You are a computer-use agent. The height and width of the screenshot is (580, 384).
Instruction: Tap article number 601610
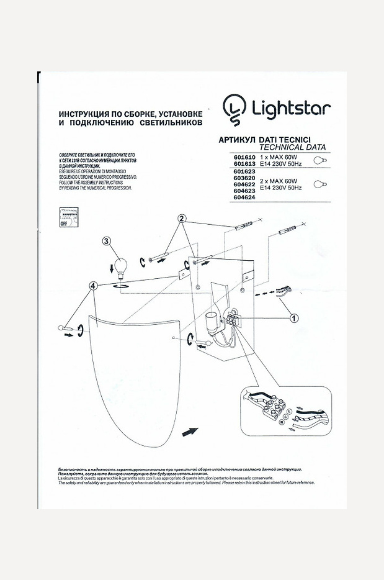244,158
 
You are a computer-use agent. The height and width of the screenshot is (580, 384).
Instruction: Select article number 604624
244,198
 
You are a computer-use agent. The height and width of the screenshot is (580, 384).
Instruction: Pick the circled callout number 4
93,286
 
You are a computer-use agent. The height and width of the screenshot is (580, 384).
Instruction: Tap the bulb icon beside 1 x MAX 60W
320,161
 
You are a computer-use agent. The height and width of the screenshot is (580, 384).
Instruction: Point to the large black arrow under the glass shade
190,431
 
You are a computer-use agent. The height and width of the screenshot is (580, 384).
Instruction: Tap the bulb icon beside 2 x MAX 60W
320,184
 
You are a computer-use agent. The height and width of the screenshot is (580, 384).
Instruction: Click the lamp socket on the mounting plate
212,324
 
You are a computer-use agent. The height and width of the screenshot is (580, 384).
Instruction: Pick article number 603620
244,178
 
